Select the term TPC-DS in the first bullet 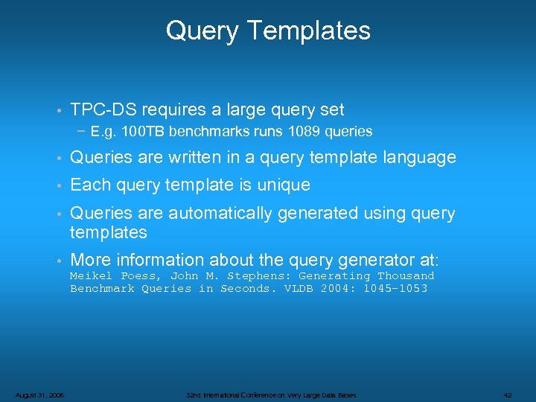[x=102, y=110]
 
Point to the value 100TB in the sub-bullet [x=144, y=132]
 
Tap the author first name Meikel [x=91, y=276]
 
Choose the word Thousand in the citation [x=406, y=276]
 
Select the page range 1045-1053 [x=395, y=289]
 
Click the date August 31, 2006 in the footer [x=39, y=395]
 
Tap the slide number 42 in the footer [x=508, y=395]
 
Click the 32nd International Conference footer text [x=271, y=395]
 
